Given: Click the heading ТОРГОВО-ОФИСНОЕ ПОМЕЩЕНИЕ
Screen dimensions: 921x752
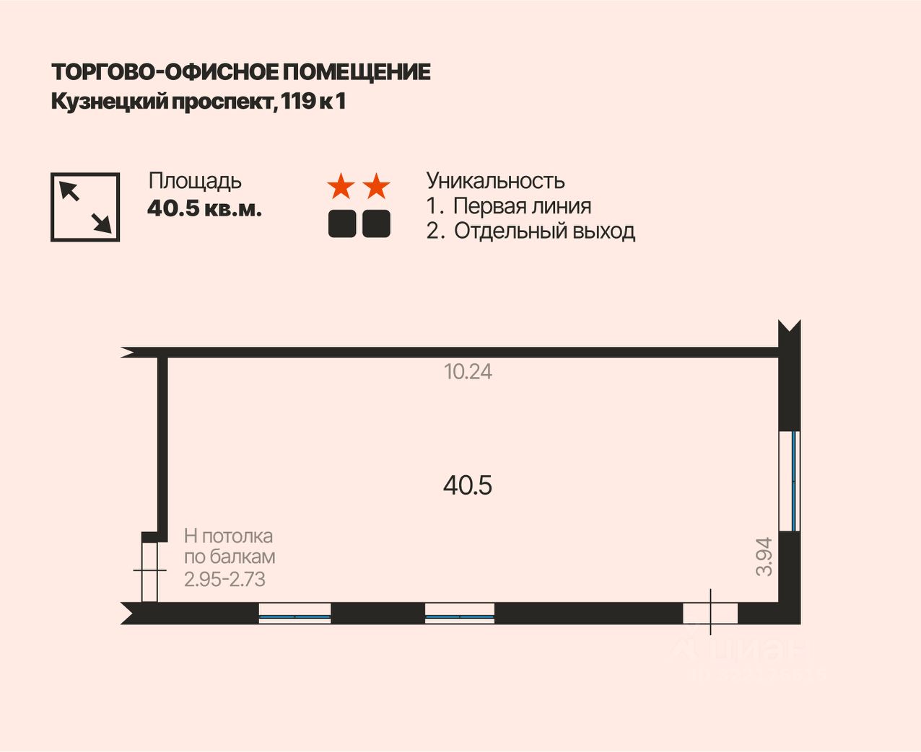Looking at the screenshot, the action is point(241,72).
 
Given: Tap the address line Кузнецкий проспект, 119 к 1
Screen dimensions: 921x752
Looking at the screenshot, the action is point(198,102).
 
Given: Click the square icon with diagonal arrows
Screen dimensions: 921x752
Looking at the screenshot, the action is point(85,207).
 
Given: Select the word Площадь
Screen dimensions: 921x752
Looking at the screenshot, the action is point(195,181).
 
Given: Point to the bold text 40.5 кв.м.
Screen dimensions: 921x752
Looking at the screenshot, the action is point(204,208).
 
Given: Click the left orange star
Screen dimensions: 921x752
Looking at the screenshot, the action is point(341,187).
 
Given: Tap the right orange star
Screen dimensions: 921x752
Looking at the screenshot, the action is point(376,187).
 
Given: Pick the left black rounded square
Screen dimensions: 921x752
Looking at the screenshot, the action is point(342,224).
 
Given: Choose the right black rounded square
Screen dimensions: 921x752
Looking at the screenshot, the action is point(376,224).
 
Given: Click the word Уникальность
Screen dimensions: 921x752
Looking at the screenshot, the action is point(495,180).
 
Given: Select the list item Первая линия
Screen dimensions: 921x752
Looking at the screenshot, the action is point(522,206).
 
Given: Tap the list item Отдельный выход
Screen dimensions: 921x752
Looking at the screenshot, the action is point(544,231).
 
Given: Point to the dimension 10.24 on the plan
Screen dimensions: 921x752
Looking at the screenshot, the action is point(468,372).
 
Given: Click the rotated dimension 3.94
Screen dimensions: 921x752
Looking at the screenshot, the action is point(764,557).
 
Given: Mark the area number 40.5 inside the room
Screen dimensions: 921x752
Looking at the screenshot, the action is point(468,485).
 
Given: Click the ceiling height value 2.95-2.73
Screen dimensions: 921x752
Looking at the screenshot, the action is point(225,579).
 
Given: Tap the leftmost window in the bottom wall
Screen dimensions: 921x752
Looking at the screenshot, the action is point(294,614).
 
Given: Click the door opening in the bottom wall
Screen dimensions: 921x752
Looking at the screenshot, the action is point(710,613).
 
